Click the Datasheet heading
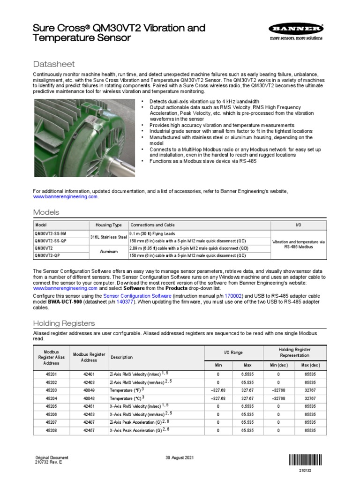[x=54, y=64]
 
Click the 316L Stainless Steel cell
[x=108, y=237]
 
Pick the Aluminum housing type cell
[x=108, y=252]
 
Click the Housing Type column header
[x=108, y=225]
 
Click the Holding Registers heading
[x=64, y=323]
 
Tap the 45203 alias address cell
[x=52, y=390]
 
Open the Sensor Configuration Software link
[x=137, y=297]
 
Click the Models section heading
[x=46, y=212]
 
